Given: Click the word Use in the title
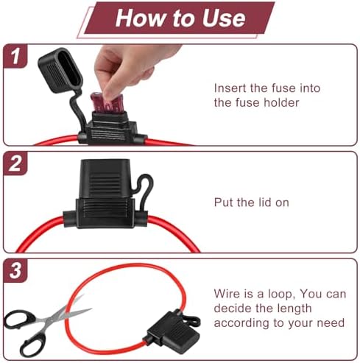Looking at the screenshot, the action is tap(223, 18).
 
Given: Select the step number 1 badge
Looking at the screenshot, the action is tap(15, 56).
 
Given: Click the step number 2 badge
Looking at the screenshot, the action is tap(15, 163).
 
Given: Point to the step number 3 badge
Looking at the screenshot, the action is tap(15, 270).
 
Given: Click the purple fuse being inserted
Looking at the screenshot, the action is tap(106, 104).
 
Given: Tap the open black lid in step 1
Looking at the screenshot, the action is tap(60, 70).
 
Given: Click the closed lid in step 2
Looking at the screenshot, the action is tap(105, 178).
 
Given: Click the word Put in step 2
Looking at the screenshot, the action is tap(223, 202).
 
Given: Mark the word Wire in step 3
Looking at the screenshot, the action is tap(226, 294).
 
